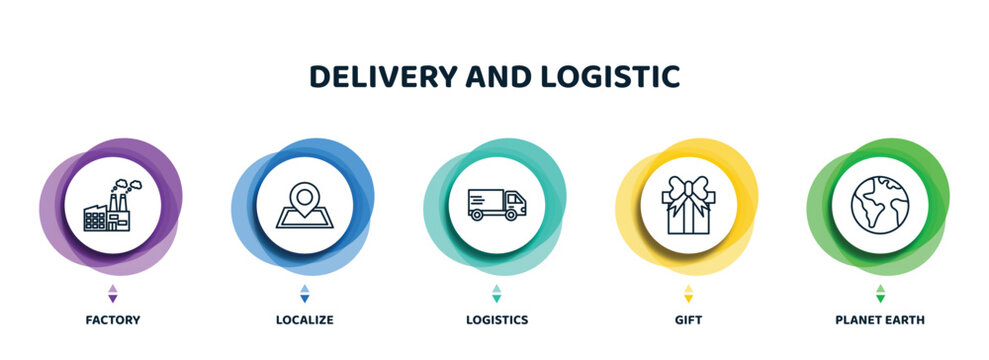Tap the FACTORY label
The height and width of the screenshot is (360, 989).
click(112, 320)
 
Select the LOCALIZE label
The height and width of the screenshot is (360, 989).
click(304, 320)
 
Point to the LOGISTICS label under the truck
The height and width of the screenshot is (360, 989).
click(496, 320)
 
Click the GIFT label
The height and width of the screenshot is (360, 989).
click(688, 320)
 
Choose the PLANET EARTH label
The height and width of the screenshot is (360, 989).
click(880, 320)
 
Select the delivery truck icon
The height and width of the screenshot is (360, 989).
click(496, 204)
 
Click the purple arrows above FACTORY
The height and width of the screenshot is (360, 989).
click(112, 294)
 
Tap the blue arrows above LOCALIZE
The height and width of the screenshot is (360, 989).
click(304, 294)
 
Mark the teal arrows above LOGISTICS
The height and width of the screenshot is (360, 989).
click(496, 294)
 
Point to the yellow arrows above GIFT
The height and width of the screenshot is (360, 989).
click(688, 294)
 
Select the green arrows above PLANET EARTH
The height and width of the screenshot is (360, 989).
click(880, 294)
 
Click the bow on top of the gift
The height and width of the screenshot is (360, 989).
click(688, 187)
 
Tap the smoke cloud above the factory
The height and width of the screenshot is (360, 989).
click(127, 185)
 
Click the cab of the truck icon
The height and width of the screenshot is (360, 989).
click(513, 207)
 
